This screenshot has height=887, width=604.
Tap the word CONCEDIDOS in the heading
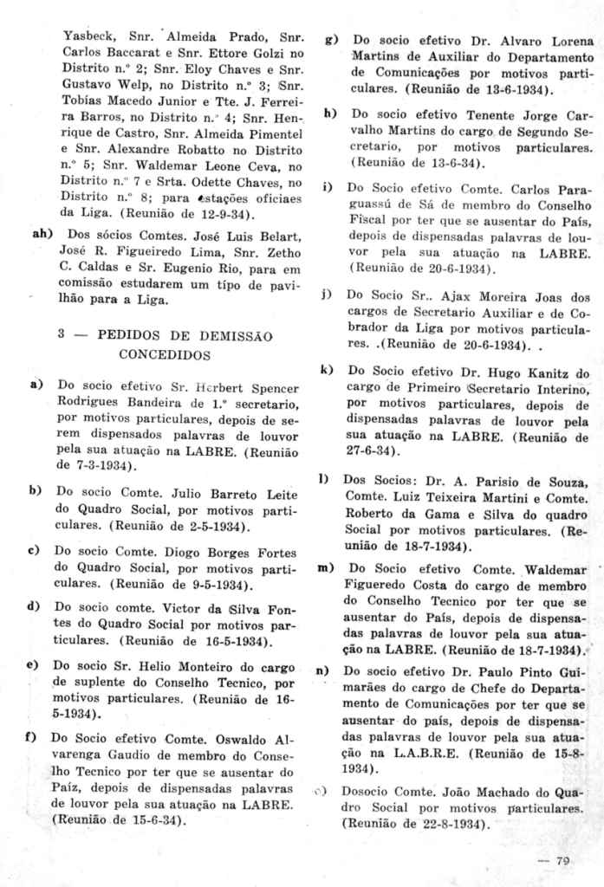[166, 353]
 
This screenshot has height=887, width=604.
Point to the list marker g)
[331, 40]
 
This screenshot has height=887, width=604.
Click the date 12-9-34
[216, 212]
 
